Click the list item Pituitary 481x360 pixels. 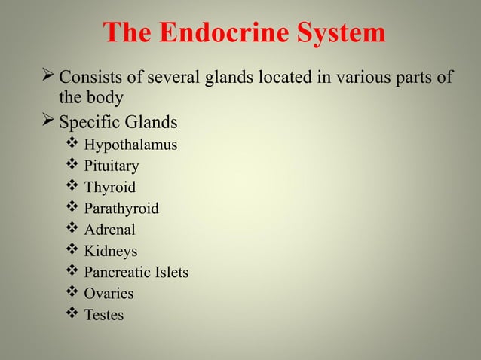111,166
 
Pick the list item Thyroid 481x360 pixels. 110,188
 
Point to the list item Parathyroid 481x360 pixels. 121,209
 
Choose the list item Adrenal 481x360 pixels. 110,230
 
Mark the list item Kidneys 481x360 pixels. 111,251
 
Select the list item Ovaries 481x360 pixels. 109,294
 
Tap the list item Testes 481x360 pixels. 104,315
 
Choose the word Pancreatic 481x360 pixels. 114,273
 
